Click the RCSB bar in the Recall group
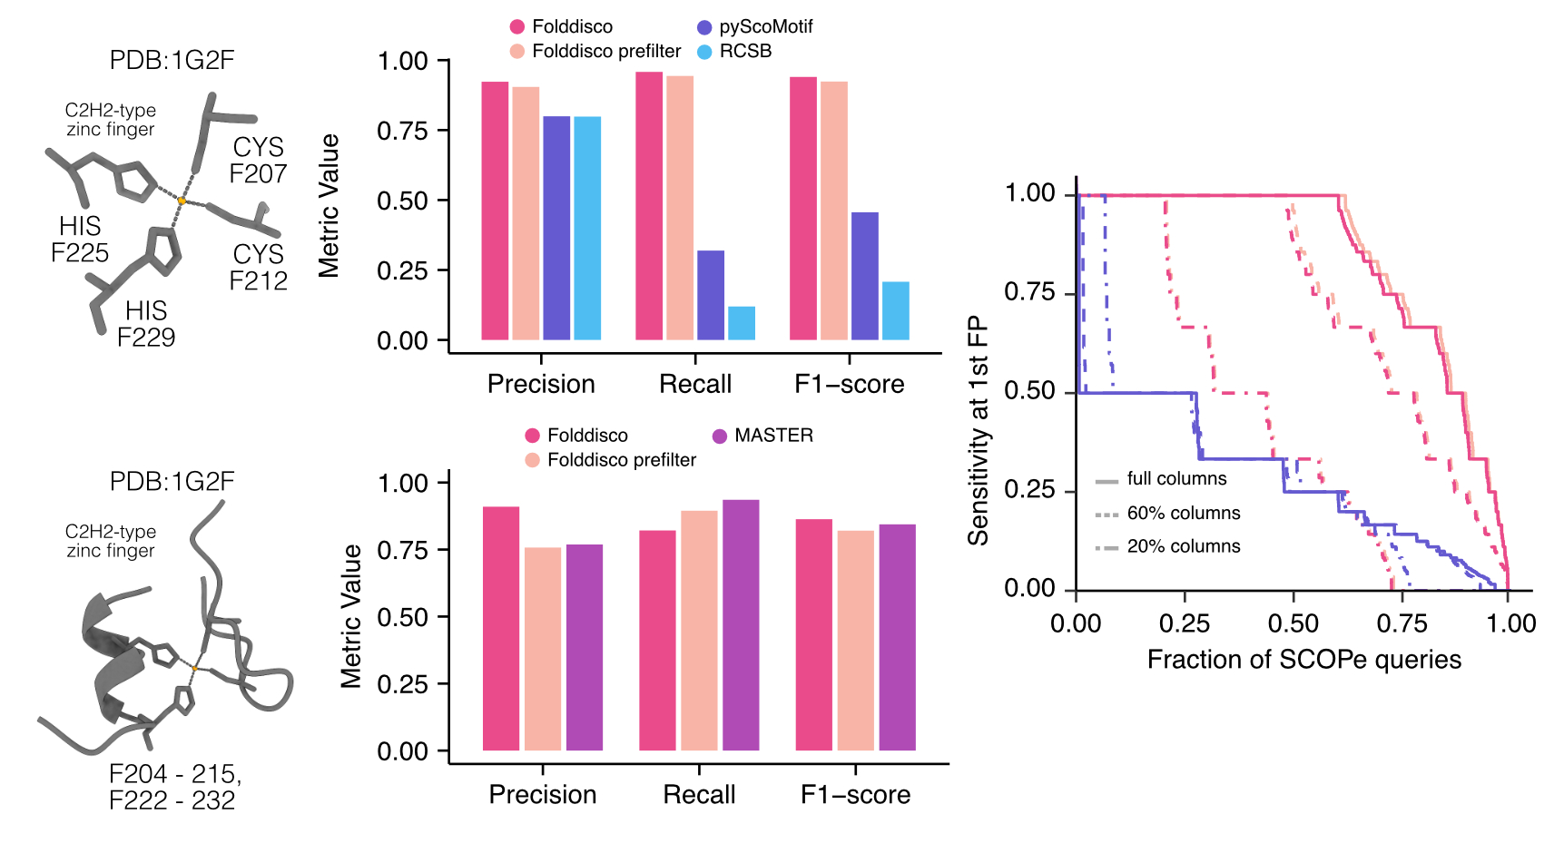point(742,323)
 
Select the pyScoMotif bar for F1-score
point(865,276)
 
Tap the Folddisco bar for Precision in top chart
point(495,211)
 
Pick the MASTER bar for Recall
point(741,625)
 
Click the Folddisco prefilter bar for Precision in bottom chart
point(543,649)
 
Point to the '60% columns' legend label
point(1183,514)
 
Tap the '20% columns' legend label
point(1183,546)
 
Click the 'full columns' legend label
point(1176,479)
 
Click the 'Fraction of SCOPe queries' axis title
point(1303,660)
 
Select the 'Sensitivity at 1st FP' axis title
point(979,430)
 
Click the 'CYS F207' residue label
point(258,161)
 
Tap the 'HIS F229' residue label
point(145,324)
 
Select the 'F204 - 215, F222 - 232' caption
point(173,787)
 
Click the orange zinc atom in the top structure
point(182,200)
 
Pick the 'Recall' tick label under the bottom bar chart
point(699,795)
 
